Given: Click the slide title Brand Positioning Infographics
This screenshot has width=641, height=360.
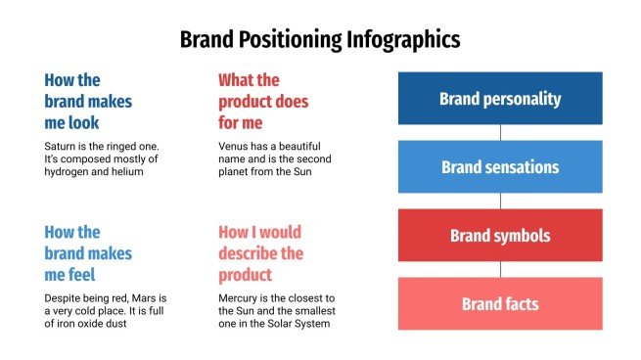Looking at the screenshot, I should pos(320,40).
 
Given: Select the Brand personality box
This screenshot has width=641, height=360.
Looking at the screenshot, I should pos(500,98).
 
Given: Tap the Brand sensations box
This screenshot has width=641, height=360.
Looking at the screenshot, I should pos(500,166).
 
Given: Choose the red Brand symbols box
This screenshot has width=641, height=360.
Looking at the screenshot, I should pos(500,236).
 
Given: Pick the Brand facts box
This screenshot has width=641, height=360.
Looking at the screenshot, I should pos(500,304).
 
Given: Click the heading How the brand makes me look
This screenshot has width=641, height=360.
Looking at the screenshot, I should pos(88,101).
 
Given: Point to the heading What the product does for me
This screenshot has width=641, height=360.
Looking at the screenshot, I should pos(263,101).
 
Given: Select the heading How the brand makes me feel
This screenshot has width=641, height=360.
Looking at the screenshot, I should pos(88,253).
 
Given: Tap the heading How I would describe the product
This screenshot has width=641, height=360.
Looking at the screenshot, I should pos(260,253).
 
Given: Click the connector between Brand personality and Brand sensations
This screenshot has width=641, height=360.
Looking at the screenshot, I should pos(500,132).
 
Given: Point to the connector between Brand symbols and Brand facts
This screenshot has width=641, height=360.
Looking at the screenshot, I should pos(500,270).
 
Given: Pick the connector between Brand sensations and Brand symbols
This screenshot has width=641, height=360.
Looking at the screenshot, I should pos(500,201).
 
